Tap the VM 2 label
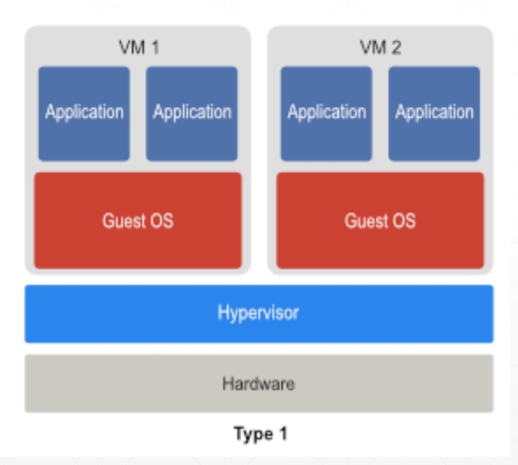pos(380,48)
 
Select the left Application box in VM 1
pos(84,113)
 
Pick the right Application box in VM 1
pos(192,113)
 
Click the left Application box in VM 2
pos(326,113)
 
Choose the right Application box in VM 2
pos(434,113)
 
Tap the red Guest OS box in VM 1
pos(138,220)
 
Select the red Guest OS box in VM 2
pos(380,220)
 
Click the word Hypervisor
pos(258,313)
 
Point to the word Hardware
pos(258,384)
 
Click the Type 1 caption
pos(260,434)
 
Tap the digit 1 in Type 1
pos(282,434)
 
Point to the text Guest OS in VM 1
pos(138,221)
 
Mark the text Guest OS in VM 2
pos(380,221)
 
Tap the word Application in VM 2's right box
pos(434,112)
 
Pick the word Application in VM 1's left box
pos(84,112)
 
